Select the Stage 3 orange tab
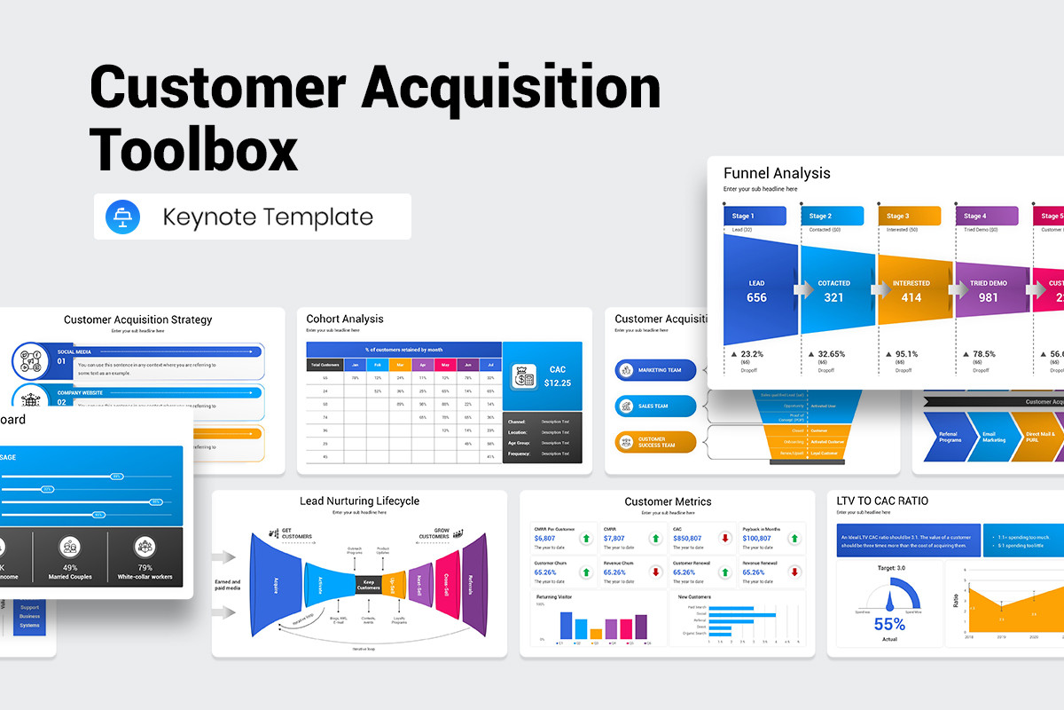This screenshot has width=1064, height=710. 909,216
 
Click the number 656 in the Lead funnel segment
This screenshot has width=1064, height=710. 756,298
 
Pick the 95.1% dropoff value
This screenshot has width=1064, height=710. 905,353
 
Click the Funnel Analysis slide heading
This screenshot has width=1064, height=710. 777,173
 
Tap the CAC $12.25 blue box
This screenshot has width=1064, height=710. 543,376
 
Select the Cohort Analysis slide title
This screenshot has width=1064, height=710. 345,319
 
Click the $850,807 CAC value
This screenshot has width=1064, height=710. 688,538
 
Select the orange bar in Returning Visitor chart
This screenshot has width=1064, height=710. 596,633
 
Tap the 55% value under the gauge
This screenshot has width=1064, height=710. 889,624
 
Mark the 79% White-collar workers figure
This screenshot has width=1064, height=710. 145,568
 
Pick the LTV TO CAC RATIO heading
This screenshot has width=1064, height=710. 882,501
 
